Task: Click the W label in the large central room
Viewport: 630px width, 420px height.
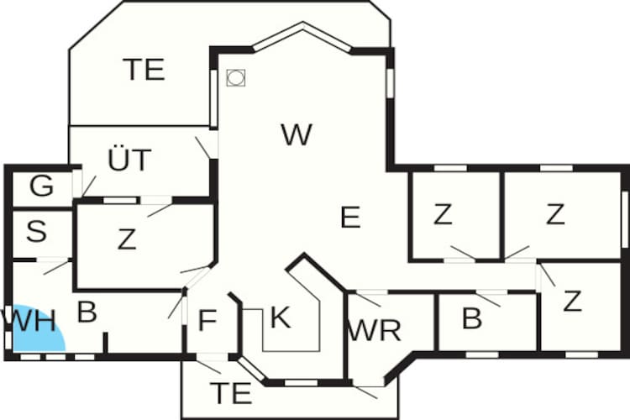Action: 297,135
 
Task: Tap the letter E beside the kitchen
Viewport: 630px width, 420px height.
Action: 350,218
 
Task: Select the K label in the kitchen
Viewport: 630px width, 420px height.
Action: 280,318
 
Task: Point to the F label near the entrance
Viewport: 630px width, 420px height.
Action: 207,321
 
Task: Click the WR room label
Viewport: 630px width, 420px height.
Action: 375,331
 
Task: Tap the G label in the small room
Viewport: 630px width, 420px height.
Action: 42,186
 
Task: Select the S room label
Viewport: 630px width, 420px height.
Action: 37,231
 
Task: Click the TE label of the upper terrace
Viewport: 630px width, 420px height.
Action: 144,70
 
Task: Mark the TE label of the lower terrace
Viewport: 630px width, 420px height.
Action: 232,393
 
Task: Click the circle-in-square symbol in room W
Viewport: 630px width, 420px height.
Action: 236,77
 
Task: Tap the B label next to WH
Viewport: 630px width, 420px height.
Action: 87,312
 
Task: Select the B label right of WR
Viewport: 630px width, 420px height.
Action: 472,318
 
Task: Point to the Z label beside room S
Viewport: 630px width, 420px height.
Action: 127,239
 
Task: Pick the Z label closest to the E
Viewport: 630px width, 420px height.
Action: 443,214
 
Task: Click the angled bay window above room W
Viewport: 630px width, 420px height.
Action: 302,36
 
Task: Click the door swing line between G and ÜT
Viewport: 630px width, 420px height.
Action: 89,186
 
